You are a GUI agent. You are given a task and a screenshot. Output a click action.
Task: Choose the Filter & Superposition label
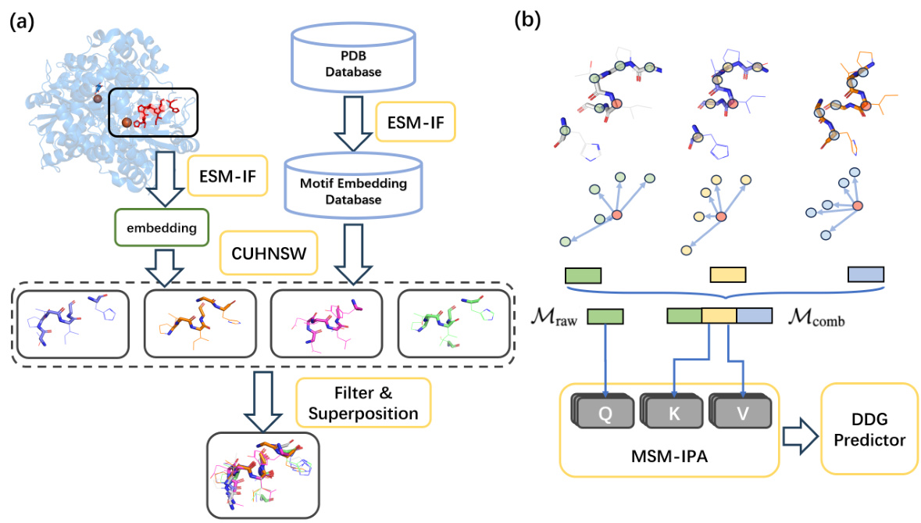pyautogui.click(x=362, y=401)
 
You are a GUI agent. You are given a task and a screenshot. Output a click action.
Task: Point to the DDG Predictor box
pyautogui.click(x=869, y=431)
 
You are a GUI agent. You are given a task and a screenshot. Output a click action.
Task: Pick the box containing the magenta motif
pyautogui.click(x=323, y=324)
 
